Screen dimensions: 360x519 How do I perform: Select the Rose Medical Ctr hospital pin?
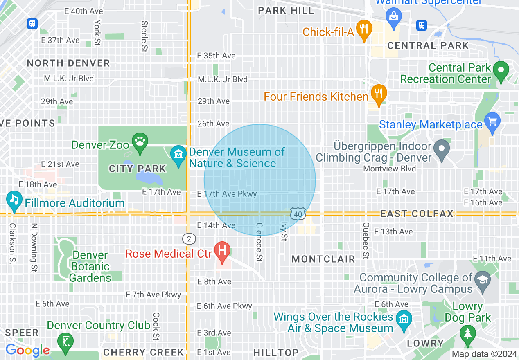[x=222, y=251]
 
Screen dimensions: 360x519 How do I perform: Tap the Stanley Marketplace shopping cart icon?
[x=492, y=122]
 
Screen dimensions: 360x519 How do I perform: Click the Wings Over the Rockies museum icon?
[x=404, y=317]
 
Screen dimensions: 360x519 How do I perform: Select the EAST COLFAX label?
[x=417, y=214]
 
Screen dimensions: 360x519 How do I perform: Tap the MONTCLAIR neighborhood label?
[x=323, y=259]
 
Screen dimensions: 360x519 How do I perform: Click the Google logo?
[x=27, y=351]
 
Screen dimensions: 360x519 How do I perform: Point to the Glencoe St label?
[x=259, y=242]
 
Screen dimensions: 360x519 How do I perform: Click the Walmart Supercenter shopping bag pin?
[x=394, y=16]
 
